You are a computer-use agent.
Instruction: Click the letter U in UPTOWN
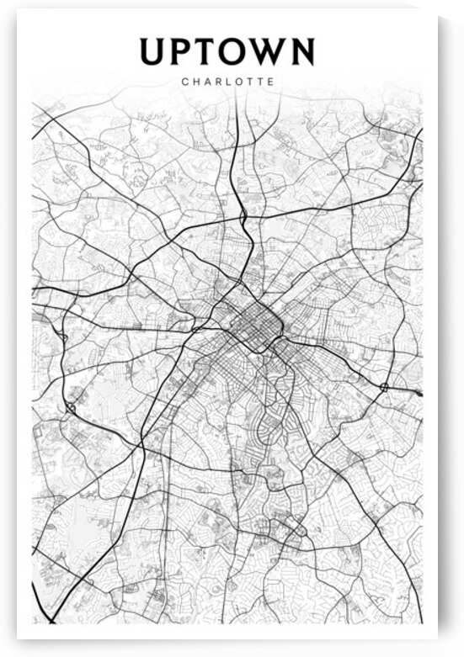(x=153, y=51)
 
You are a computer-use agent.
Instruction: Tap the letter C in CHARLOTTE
(x=184, y=82)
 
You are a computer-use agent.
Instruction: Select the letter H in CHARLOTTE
(x=195, y=82)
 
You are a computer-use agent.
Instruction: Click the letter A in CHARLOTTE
(x=206, y=82)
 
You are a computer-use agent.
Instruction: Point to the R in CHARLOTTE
(x=217, y=82)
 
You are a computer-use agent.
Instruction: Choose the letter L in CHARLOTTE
(x=227, y=82)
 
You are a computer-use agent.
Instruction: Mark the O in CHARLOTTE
(x=237, y=82)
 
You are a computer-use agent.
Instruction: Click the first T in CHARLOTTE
(x=249, y=82)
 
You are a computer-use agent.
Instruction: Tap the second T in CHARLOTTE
(x=259, y=82)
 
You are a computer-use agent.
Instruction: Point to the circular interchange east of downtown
(x=384, y=387)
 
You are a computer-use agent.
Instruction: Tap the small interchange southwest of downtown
(x=72, y=407)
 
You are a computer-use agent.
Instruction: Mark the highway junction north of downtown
(x=243, y=217)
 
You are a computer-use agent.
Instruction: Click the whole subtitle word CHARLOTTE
(x=227, y=82)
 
